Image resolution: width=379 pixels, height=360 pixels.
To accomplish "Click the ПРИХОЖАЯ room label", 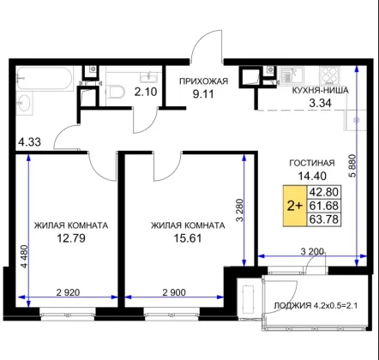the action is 203,81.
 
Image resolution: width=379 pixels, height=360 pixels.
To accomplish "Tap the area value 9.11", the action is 203,94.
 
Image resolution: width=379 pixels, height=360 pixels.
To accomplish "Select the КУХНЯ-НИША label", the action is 320,91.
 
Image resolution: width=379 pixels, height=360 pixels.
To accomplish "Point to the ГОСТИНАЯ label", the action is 312,163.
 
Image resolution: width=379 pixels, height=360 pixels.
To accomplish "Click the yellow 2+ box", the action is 295,206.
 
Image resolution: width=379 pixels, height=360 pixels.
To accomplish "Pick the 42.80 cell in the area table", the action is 324,192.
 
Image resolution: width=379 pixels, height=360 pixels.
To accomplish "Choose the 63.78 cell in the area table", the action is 324,219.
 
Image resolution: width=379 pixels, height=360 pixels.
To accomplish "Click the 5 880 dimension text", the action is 353,166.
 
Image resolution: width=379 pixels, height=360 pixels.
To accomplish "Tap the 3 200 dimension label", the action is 312,251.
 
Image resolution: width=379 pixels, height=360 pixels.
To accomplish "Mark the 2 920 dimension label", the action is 68,292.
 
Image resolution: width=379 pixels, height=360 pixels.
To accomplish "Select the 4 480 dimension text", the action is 25,256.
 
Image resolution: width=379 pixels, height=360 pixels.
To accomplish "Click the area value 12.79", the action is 71,238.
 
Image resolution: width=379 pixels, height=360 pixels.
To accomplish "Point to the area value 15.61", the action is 188,238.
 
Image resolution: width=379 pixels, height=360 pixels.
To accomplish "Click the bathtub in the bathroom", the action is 45,79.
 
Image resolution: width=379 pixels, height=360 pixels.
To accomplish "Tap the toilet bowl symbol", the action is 115,92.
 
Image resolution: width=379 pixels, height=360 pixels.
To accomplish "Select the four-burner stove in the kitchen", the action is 330,75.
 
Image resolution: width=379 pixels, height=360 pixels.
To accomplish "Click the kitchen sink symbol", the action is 292,75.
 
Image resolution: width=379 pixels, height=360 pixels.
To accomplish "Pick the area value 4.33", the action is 29,141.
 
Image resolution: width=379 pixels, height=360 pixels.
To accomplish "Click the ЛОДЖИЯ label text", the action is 292,306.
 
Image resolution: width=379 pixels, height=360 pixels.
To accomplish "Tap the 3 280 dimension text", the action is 240,210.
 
